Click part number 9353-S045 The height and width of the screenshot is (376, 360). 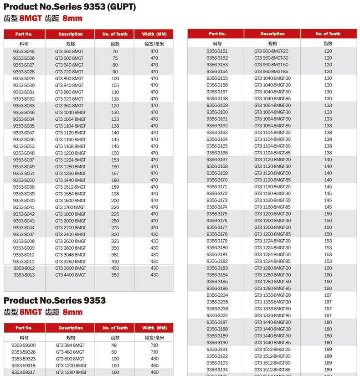coord(24,52)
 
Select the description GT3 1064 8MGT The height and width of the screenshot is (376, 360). coord(70,119)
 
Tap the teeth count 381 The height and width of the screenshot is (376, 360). coord(115,254)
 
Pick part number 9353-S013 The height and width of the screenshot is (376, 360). coord(24,275)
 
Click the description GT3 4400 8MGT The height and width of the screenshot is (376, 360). coord(70,275)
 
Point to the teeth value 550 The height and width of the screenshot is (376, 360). coord(115,275)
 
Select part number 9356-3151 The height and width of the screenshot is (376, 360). coord(217,51)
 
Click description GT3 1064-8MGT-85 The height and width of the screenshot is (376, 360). coord(272,126)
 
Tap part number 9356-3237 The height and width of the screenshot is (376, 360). coord(217,315)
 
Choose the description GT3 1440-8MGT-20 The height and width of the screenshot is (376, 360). coord(272,322)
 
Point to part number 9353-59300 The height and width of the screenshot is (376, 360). coord(24,345)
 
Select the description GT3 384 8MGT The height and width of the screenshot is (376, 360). coord(70,345)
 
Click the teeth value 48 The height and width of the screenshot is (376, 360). coord(115,345)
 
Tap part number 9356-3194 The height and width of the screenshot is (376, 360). coord(217,370)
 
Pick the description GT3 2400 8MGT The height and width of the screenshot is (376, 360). coord(70,234)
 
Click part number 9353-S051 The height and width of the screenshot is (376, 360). coord(24,173)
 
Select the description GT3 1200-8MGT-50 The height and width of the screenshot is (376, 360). coord(272,227)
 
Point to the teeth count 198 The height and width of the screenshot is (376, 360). coord(115,194)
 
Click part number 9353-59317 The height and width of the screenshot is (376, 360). coord(24,372)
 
